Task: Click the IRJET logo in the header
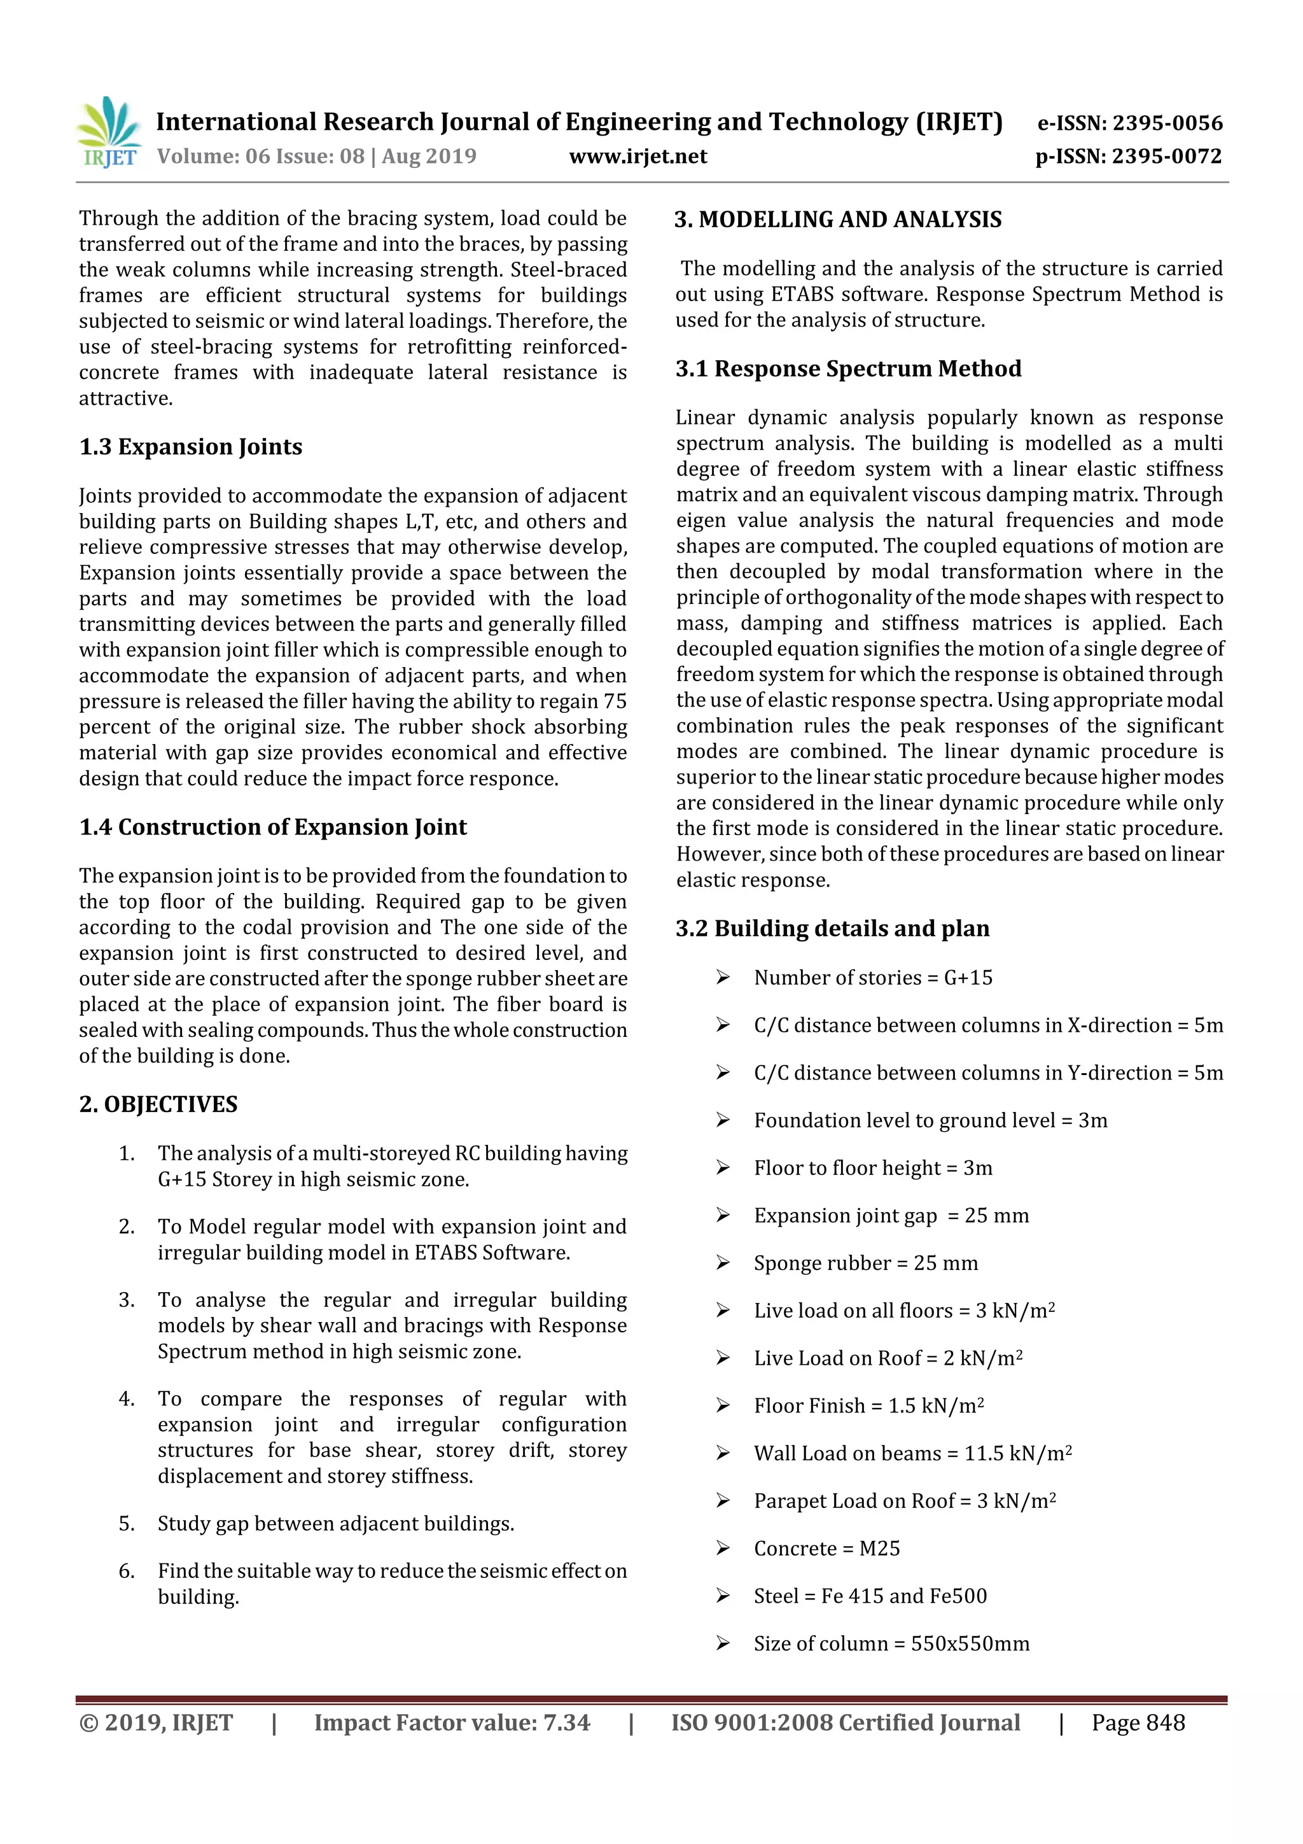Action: click(108, 132)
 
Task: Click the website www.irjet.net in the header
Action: click(638, 157)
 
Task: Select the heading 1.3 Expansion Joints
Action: click(190, 447)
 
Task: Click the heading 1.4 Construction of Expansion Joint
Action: click(273, 827)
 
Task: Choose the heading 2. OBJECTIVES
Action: click(158, 1104)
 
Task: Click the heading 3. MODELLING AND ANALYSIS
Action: click(838, 220)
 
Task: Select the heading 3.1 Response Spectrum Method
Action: click(848, 369)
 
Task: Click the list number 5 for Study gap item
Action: click(126, 1524)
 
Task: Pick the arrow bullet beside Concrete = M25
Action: click(723, 1549)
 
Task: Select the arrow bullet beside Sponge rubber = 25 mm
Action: click(723, 1263)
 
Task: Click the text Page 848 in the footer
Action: click(1138, 1722)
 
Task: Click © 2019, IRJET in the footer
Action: click(156, 1722)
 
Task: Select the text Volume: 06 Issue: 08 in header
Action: click(260, 157)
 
